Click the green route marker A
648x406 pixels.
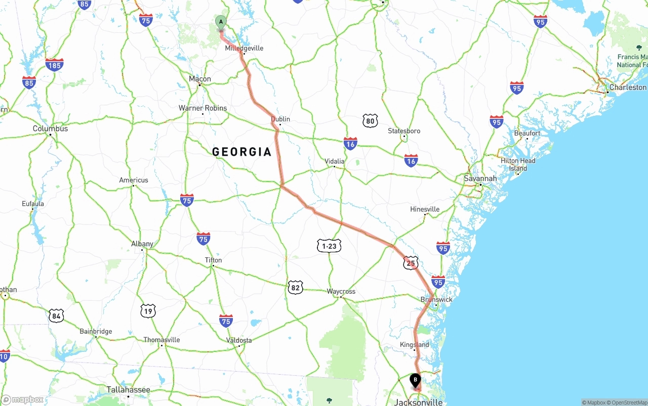[221, 22]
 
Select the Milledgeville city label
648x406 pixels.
[244, 48]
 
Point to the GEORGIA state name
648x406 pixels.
[242, 152]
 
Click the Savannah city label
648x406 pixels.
[480, 178]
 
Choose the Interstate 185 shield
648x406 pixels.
[54, 65]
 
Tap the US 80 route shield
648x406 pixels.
[371, 120]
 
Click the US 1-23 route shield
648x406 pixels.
[329, 246]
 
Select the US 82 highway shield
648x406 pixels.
[296, 288]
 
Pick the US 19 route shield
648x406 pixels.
[148, 311]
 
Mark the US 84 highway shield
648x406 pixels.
[57, 317]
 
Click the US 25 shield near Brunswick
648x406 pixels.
[411, 263]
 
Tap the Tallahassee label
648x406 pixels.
[128, 390]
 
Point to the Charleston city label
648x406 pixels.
[628, 87]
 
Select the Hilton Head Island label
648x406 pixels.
[518, 164]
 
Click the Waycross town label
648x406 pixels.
[341, 291]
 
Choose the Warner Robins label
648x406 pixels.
[202, 108]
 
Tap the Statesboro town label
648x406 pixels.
[404, 131]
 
